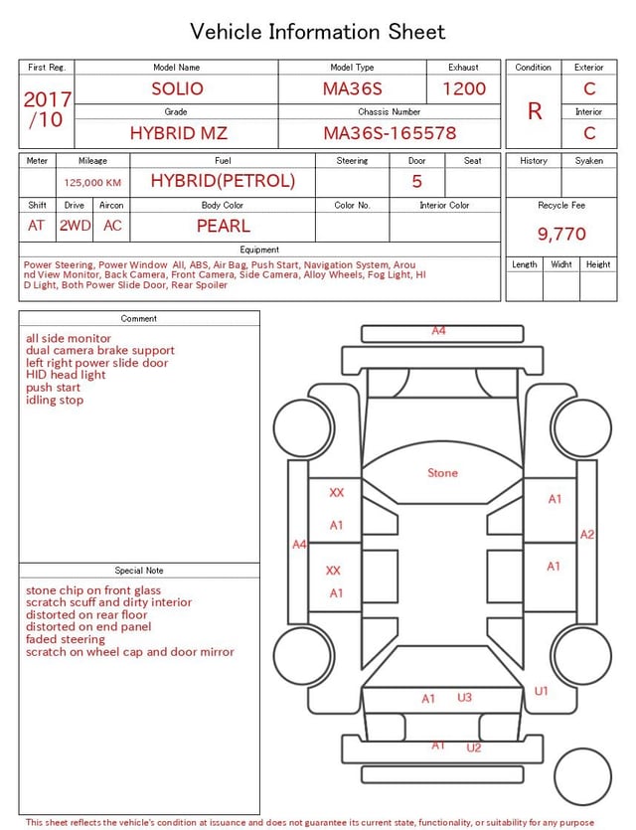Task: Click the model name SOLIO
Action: [x=177, y=88]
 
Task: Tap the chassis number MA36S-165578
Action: [x=390, y=133]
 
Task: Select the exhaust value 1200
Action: [x=464, y=88]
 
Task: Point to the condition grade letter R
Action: [x=535, y=111]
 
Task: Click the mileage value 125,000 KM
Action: [x=92, y=183]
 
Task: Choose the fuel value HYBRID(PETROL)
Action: [x=223, y=181]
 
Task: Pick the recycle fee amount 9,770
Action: [x=561, y=234]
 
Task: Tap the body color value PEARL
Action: [x=224, y=226]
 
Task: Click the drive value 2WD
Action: [x=75, y=226]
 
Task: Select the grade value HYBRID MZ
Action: [x=179, y=133]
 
